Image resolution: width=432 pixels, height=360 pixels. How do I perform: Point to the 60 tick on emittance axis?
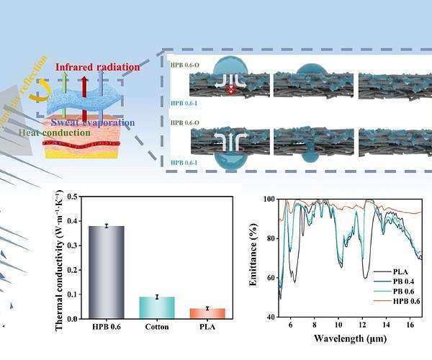pyautogui.click(x=270, y=277)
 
